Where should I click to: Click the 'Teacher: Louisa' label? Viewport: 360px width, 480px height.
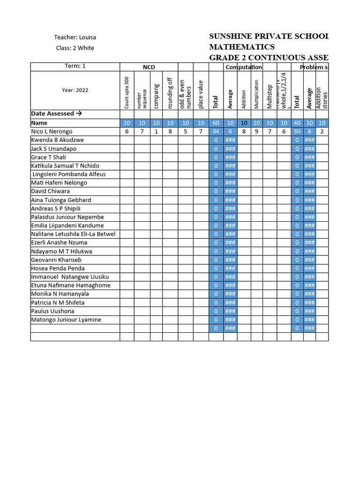(75, 37)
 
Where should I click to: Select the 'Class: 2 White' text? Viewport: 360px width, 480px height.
(75, 48)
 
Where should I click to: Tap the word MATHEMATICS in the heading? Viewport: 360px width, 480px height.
(241, 47)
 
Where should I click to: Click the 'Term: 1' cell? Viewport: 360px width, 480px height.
(75, 66)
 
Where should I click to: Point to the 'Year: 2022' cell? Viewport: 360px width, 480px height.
(75, 90)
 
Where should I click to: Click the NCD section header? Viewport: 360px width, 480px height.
(149, 67)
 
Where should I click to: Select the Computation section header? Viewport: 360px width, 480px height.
(244, 67)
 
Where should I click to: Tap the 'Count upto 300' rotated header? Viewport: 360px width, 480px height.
(127, 92)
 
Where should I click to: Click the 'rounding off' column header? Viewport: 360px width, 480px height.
(170, 93)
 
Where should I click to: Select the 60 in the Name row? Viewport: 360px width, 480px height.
(216, 123)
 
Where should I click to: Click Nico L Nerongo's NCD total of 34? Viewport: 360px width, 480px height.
(216, 132)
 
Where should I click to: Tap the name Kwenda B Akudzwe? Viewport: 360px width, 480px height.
(58, 140)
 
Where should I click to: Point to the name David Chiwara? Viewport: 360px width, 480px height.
(50, 191)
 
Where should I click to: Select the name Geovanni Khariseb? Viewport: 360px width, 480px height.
(56, 260)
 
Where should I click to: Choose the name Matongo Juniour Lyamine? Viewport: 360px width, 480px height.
(66, 320)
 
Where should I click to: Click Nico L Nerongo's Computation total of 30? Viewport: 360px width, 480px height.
(297, 132)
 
